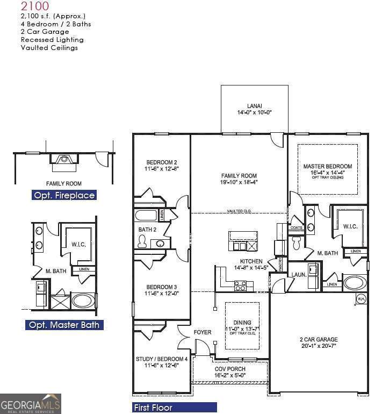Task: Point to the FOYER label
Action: click(x=203, y=333)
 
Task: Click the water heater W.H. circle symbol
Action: click(x=361, y=299)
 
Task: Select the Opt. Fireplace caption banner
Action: click(x=64, y=195)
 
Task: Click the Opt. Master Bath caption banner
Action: click(x=63, y=325)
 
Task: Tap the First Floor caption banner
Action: click(x=175, y=408)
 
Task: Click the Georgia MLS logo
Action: click(x=31, y=404)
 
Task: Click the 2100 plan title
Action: click(x=35, y=6)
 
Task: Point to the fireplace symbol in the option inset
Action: click(x=64, y=159)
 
